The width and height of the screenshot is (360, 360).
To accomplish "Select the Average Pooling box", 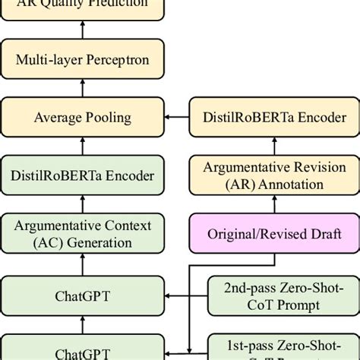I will [x=82, y=117].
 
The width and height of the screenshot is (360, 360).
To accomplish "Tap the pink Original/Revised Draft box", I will [x=273, y=235].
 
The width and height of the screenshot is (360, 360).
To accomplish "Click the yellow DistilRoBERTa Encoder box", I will [x=274, y=117].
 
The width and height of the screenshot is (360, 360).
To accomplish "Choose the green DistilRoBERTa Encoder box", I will [x=82, y=175].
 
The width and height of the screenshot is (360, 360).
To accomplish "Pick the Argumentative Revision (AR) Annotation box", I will [x=274, y=175].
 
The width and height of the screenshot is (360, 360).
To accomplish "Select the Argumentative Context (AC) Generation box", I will [x=82, y=234].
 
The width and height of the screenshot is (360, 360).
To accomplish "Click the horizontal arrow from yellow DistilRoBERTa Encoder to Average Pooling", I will [x=176, y=117].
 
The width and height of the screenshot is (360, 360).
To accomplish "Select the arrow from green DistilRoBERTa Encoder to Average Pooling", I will [x=82, y=147].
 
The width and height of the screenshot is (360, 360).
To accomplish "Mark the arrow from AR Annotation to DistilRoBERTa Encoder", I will [x=274, y=147].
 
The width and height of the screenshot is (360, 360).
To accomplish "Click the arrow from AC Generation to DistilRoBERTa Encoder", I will [x=82, y=205].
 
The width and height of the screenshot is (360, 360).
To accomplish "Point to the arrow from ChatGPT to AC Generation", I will [x=82, y=264].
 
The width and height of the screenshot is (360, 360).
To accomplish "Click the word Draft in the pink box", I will [x=323, y=235].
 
